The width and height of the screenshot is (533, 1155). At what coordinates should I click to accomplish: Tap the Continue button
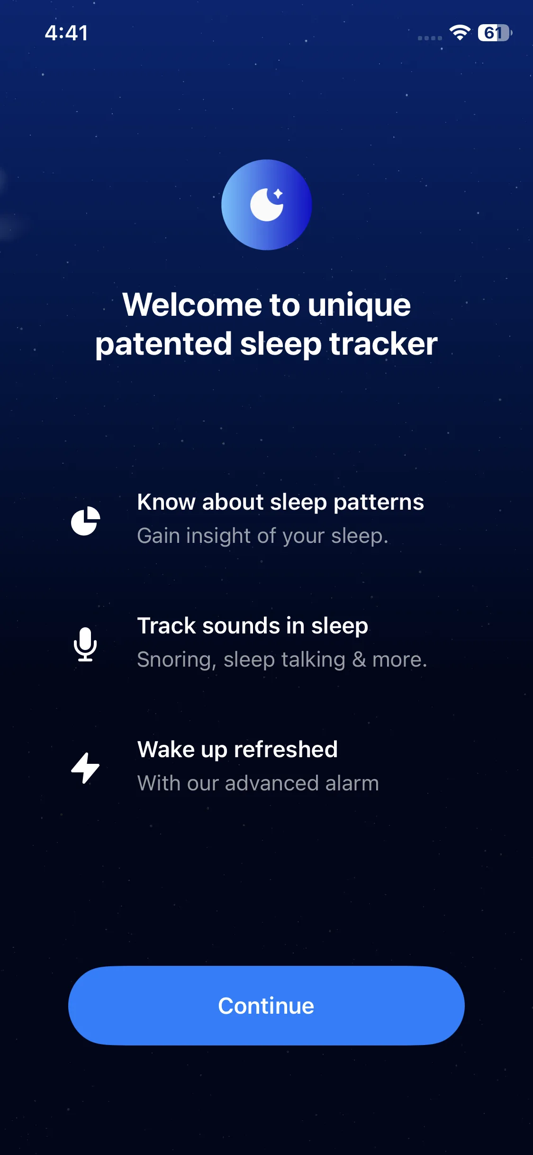tap(266, 1006)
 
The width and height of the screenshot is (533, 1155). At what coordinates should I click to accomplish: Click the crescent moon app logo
tap(266, 205)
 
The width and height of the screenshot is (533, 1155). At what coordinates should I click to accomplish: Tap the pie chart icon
tap(85, 521)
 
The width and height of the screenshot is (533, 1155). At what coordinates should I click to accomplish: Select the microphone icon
tap(85, 644)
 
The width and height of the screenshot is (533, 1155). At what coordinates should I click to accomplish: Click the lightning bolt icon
tap(85, 768)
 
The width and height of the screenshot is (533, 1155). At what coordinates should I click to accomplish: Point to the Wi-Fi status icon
tap(460, 33)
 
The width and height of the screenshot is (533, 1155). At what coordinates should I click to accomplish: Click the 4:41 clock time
tap(66, 33)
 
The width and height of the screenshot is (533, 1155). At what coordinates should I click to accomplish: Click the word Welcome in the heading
tap(192, 304)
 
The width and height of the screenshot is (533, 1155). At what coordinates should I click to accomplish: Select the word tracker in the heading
tap(383, 344)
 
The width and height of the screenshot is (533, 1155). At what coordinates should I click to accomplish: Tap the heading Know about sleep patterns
tap(280, 502)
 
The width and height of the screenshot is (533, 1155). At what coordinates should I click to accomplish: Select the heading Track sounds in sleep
tap(253, 626)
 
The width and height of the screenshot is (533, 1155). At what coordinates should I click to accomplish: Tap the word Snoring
tap(174, 660)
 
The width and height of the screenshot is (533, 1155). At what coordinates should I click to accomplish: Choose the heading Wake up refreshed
tap(237, 750)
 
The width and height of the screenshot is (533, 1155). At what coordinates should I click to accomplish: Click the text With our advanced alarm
tap(258, 783)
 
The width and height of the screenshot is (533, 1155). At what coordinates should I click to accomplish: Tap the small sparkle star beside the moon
tap(278, 193)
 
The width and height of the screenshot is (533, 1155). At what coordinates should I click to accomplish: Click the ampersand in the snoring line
tap(359, 660)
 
